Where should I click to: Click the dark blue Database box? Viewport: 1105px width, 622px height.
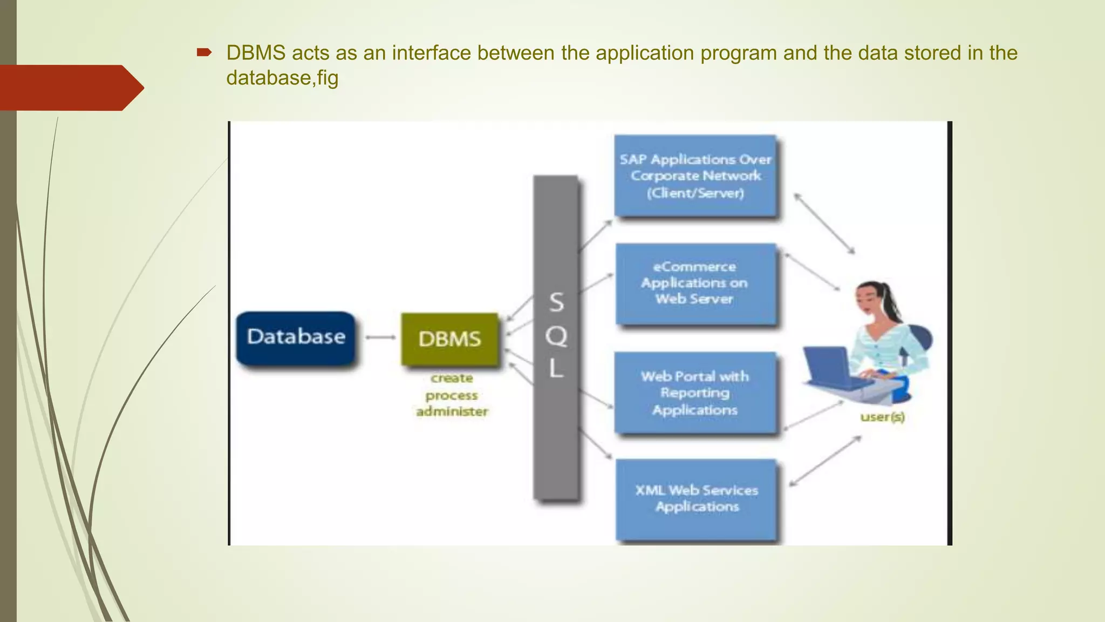point(296,338)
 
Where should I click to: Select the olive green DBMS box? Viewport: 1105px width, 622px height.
point(449,339)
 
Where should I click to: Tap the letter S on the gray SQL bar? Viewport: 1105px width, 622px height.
point(556,302)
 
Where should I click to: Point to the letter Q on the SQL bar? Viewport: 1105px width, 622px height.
point(556,336)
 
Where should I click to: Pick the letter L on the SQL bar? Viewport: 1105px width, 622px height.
point(556,369)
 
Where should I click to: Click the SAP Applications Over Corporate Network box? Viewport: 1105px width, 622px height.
point(695,176)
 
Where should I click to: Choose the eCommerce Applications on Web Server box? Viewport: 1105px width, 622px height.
point(695,283)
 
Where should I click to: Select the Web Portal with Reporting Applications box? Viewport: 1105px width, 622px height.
point(695,393)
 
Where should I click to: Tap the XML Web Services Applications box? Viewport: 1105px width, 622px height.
point(696,499)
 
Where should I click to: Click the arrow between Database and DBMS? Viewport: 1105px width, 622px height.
point(380,337)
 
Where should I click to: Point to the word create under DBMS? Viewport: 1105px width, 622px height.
point(452,378)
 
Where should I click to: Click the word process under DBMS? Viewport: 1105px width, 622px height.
point(452,396)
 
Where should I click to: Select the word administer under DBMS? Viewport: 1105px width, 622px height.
point(452,411)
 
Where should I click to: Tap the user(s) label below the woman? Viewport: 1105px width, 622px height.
point(882,417)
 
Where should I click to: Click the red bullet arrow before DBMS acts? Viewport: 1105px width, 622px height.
point(204,52)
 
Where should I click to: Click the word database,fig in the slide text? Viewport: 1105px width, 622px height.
point(282,78)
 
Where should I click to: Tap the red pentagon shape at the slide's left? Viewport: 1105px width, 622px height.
point(70,87)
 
